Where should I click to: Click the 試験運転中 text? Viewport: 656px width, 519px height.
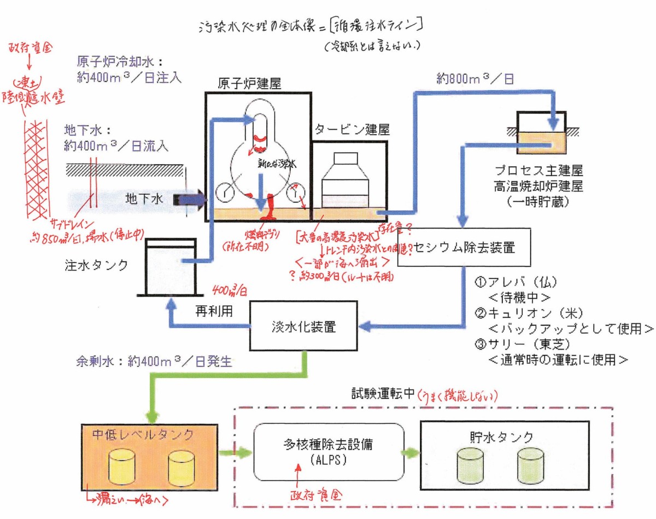[x=382, y=394]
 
